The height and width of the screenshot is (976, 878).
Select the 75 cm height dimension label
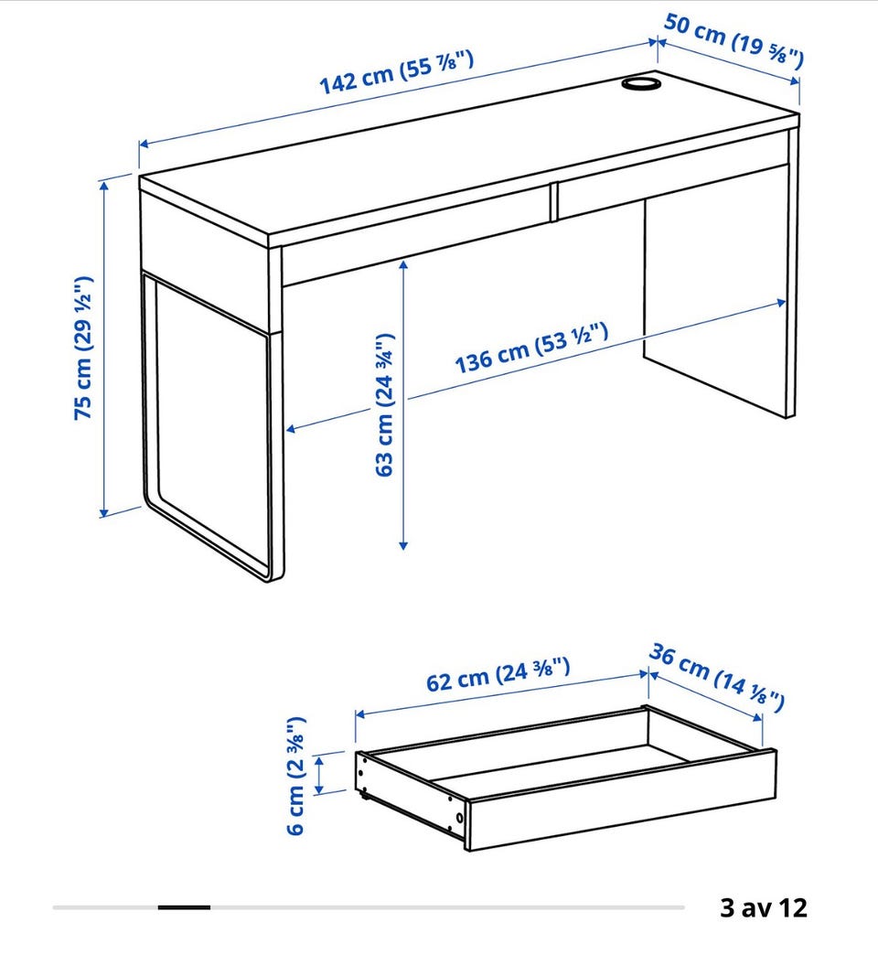[x=82, y=348]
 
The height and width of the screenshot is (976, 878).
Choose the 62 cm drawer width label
[x=498, y=674]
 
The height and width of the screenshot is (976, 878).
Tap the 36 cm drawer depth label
[x=716, y=677]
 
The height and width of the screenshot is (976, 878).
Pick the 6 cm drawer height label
[x=295, y=776]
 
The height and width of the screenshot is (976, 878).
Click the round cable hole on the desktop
[x=642, y=83]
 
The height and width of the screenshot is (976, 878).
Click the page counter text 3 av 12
[x=764, y=907]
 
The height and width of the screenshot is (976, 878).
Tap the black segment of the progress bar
[x=184, y=907]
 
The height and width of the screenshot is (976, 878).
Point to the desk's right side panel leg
[x=720, y=294]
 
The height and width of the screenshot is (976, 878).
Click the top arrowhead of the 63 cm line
[x=403, y=266]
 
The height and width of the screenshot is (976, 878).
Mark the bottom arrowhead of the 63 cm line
[x=403, y=544]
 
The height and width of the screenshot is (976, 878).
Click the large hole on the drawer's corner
[x=459, y=818]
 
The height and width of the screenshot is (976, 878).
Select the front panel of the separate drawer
[x=621, y=800]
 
